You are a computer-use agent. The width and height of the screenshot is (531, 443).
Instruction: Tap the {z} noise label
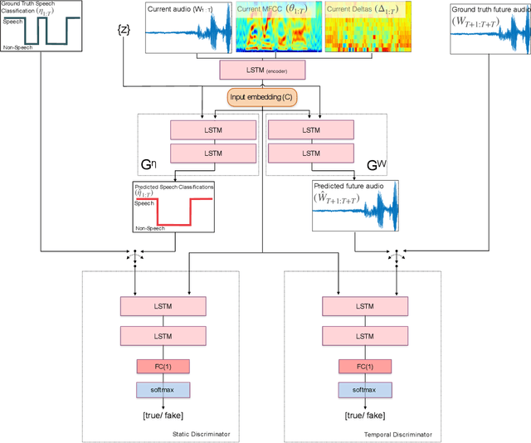pos(124,31)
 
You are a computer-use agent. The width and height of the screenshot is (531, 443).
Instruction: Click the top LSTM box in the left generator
pos(213,130)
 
